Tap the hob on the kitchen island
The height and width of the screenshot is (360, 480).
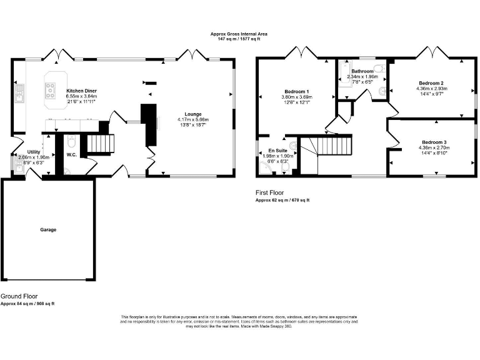click(x=49, y=91)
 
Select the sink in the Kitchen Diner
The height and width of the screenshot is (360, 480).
click(x=20, y=94)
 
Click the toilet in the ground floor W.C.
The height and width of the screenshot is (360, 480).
click(x=71, y=141)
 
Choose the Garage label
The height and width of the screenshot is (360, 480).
click(x=48, y=230)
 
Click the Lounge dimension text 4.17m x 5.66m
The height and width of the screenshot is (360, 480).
click(x=192, y=119)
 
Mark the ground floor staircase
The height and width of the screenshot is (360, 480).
click(x=101, y=144)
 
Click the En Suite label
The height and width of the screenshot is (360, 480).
click(x=277, y=151)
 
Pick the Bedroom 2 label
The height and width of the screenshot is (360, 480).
click(x=431, y=83)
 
